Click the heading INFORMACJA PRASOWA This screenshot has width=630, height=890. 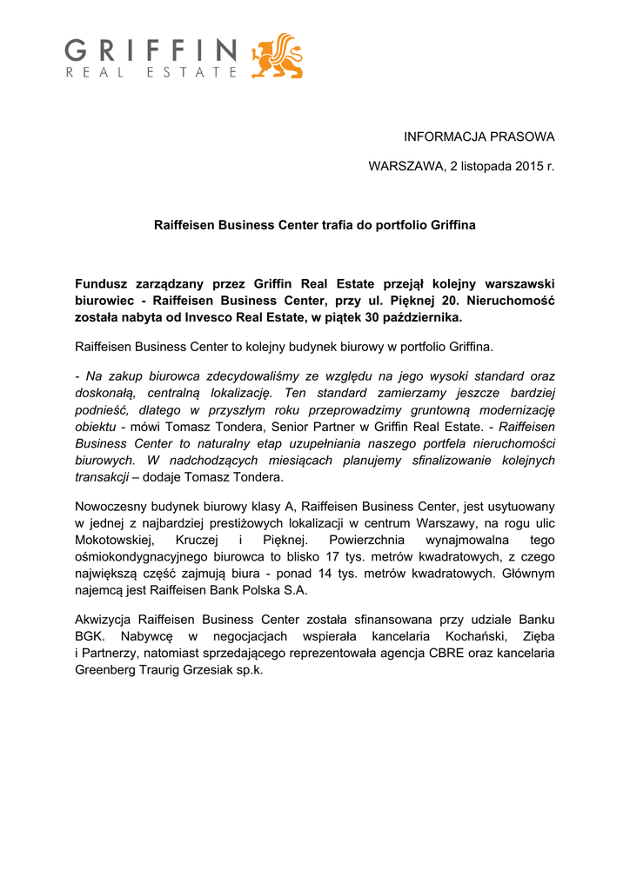[x=479, y=136]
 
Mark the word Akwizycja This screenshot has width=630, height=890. [x=104, y=620]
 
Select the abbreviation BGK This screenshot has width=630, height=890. [x=90, y=636]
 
